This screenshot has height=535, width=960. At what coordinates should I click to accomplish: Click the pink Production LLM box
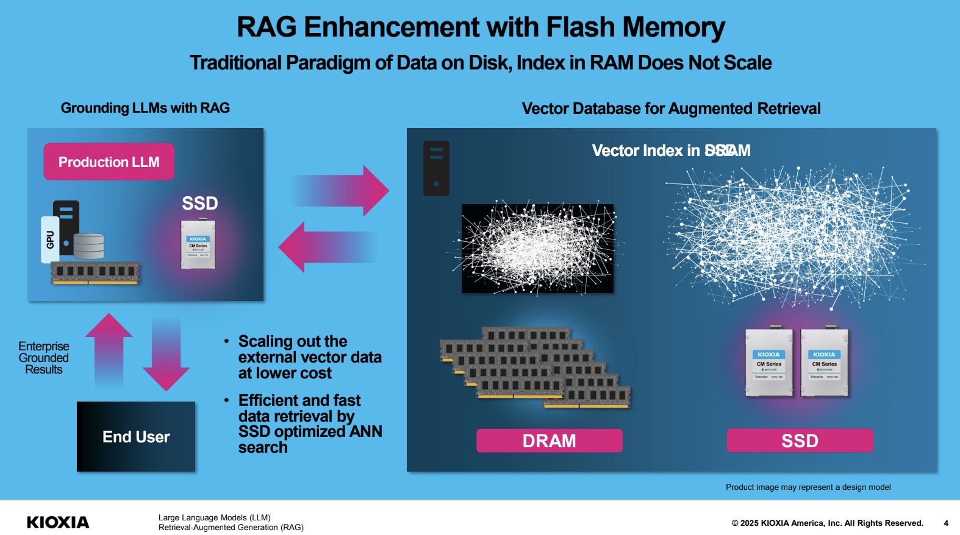point(109,161)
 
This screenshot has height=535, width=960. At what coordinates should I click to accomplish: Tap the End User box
point(136,436)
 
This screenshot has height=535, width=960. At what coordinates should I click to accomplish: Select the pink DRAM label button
point(549,441)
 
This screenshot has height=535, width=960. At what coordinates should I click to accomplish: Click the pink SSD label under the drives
point(800,441)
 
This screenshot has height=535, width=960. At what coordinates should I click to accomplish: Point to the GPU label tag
point(50,239)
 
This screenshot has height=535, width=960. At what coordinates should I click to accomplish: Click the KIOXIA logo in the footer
point(58,522)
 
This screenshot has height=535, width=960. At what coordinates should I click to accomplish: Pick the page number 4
point(946,523)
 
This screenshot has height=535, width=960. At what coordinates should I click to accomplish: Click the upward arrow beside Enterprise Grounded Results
point(109,350)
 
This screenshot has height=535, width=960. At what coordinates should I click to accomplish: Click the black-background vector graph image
point(537,249)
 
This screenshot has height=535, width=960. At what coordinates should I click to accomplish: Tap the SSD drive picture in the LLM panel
point(198,245)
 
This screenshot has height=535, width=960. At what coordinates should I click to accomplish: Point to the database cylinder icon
point(89,246)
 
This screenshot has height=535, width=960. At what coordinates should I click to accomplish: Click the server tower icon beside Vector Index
point(436,168)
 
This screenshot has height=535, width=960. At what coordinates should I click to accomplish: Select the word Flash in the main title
point(580,27)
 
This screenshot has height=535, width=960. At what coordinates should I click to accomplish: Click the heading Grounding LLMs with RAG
point(145,108)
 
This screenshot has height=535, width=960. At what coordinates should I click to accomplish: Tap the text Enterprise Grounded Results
point(44,358)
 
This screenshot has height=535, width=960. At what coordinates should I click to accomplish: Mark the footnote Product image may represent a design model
point(808,487)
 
